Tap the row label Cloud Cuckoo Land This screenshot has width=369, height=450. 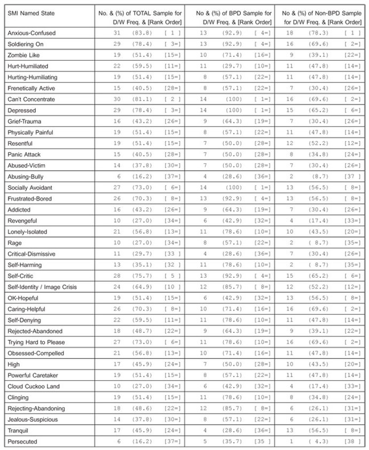33,386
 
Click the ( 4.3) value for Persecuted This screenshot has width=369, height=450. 318,441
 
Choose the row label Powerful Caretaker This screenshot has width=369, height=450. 33,375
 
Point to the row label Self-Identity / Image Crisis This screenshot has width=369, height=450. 42,287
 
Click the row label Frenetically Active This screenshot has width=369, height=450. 31,88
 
